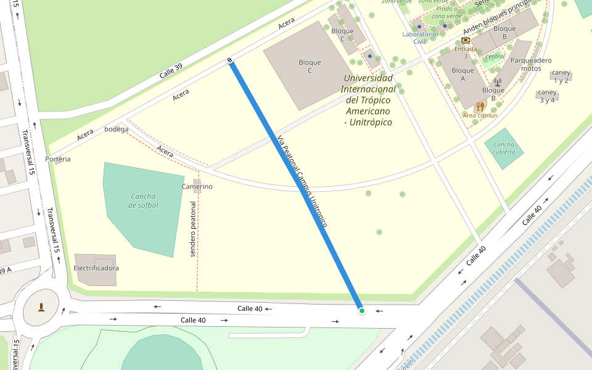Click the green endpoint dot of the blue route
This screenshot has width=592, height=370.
[x=361, y=311]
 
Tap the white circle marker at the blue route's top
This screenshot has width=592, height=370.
[x=230, y=60]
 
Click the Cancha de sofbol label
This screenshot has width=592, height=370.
[x=143, y=200]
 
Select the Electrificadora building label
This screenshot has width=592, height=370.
[x=96, y=268]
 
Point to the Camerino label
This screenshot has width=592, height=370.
[x=197, y=186]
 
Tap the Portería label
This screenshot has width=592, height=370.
[x=58, y=159]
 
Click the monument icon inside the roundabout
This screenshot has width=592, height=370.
[x=41, y=307]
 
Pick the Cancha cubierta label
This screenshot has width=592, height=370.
[x=504, y=148]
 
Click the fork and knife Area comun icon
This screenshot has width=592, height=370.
[x=480, y=106]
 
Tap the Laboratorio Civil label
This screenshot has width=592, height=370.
[x=419, y=38]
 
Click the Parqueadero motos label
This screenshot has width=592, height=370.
[x=531, y=64]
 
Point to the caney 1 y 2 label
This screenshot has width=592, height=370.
[x=561, y=76]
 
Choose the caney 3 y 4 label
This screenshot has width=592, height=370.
[x=546, y=96]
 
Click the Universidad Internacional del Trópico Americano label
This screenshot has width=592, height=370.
[x=368, y=100]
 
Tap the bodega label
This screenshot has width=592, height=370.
[x=117, y=129]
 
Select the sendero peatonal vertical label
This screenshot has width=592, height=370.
[x=193, y=229]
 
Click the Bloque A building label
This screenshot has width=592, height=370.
[x=462, y=75]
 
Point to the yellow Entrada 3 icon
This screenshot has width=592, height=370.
[x=465, y=40]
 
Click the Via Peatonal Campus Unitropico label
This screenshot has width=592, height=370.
[x=302, y=181]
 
